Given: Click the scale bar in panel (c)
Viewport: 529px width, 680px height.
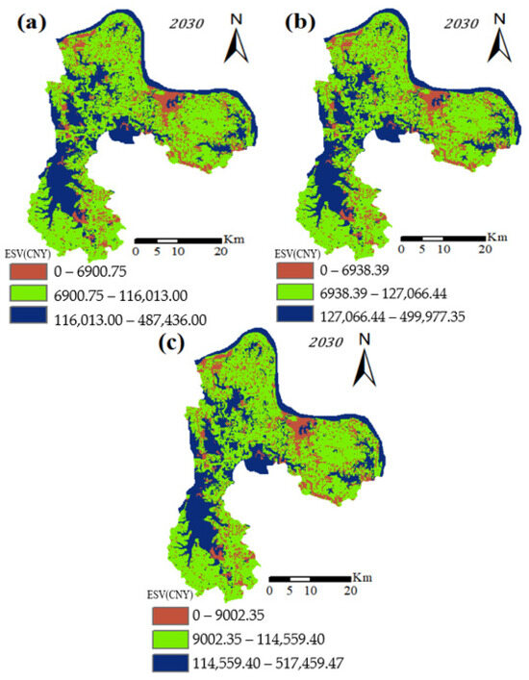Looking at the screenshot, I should [x=309, y=579].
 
